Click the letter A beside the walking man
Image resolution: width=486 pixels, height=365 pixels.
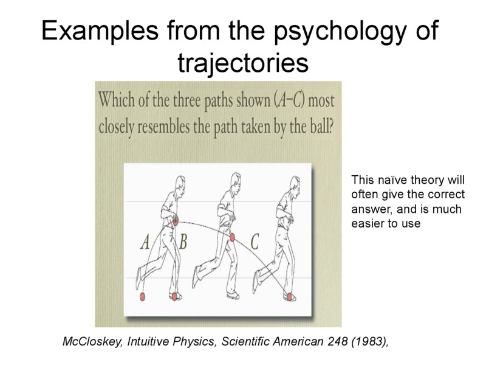click(x=146, y=242)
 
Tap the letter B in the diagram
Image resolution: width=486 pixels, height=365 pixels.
click(x=183, y=242)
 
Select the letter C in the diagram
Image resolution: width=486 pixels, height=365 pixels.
click(x=255, y=242)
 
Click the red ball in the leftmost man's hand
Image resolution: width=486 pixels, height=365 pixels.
click(x=176, y=223)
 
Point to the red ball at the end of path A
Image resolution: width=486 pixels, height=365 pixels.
click(x=143, y=297)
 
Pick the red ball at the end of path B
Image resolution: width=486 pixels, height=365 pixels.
click(x=176, y=297)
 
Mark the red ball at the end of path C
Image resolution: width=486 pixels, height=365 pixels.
click(x=290, y=296)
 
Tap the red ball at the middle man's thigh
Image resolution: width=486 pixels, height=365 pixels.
click(x=232, y=238)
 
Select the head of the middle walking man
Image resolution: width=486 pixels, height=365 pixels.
click(x=232, y=181)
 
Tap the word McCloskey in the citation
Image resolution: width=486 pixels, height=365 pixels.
click(x=91, y=342)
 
